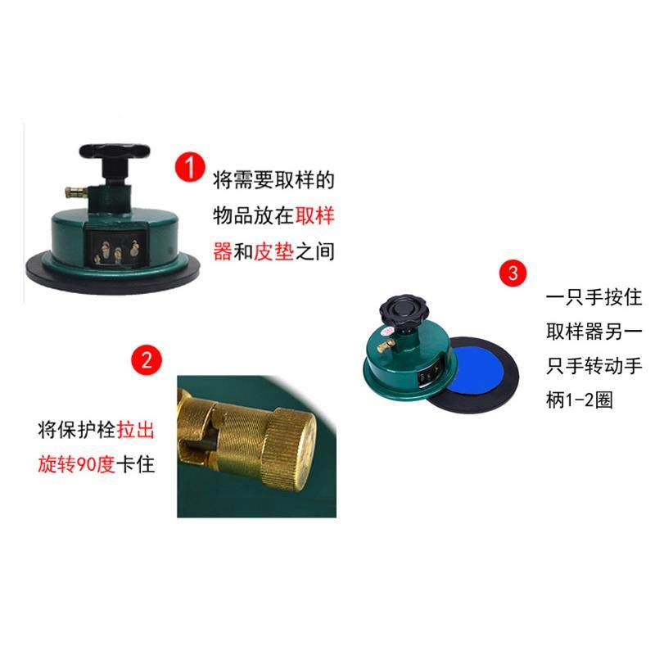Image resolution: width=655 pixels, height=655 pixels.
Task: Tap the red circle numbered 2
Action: (x=147, y=359)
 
